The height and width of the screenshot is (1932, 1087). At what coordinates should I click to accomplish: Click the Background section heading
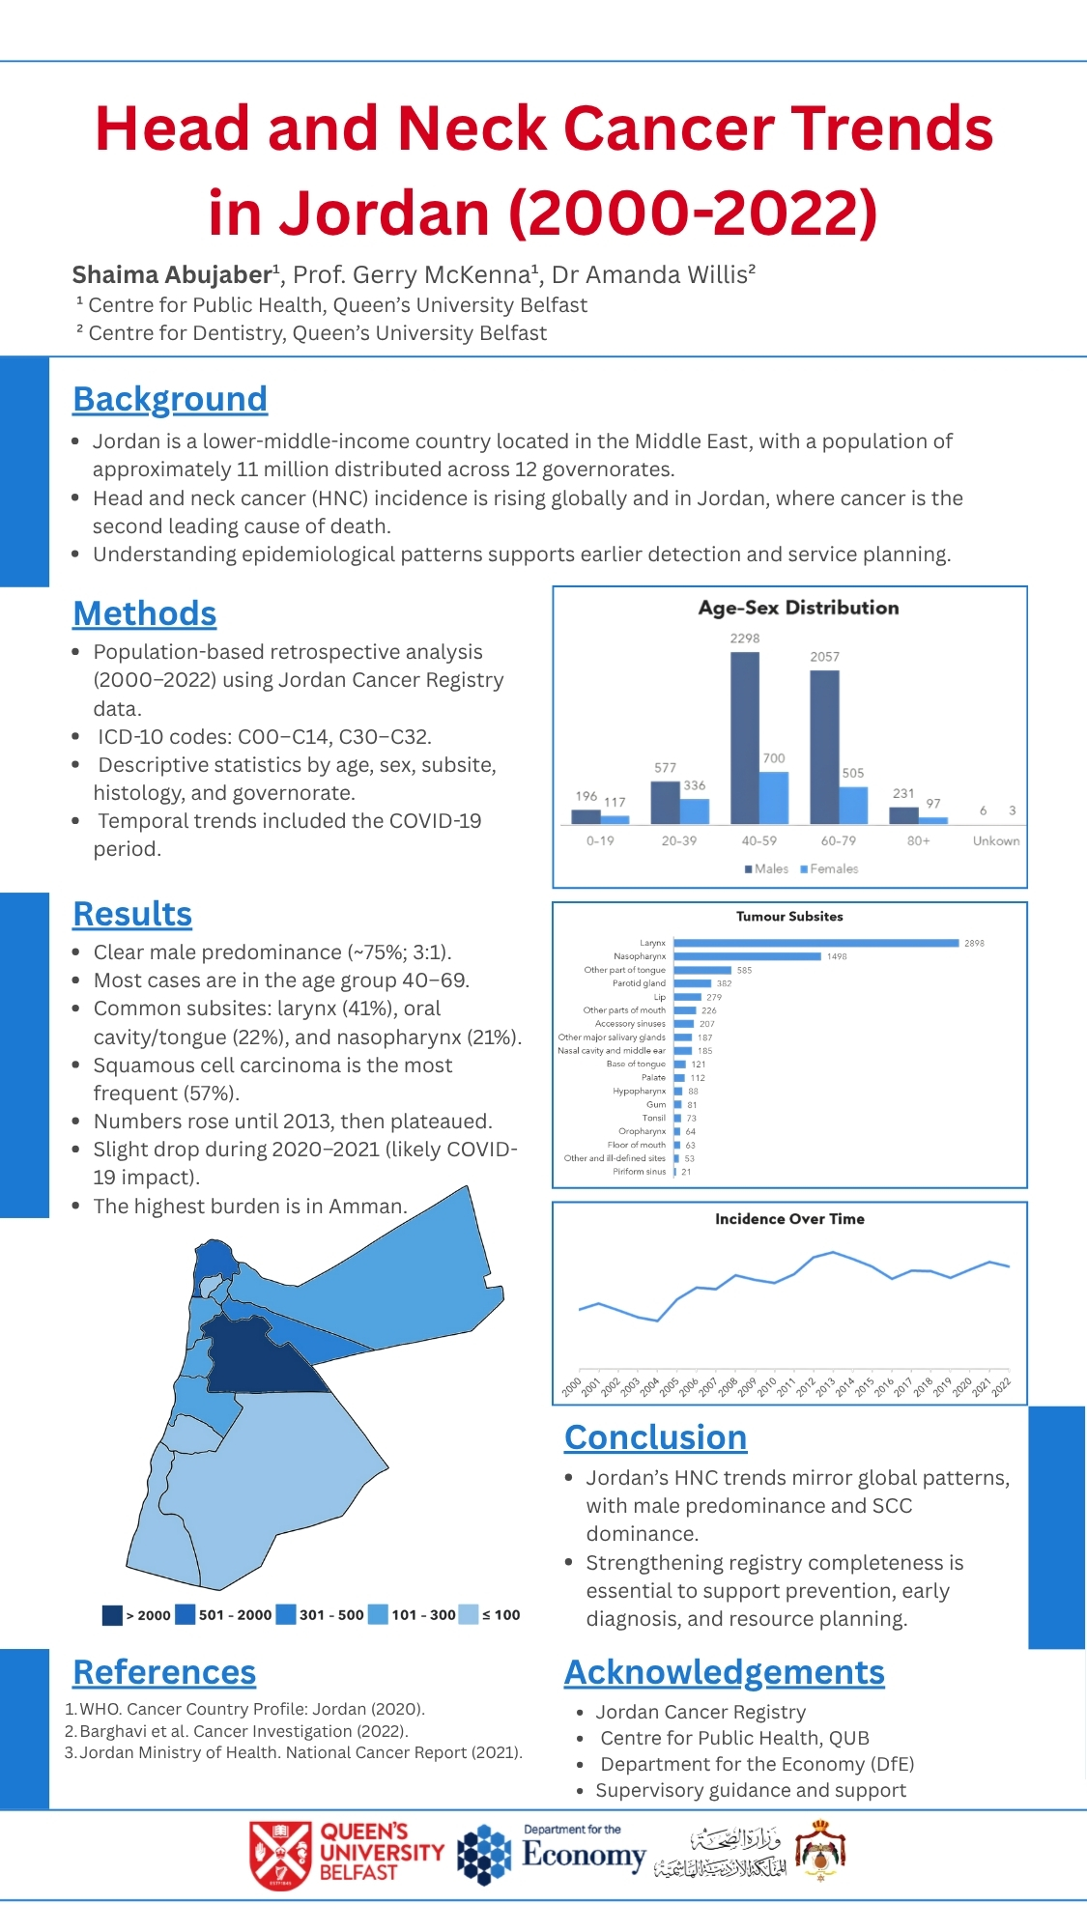tap(170, 399)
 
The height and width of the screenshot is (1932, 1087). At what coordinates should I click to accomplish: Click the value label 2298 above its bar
tap(744, 639)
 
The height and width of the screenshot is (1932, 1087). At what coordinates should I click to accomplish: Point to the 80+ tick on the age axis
tap(918, 840)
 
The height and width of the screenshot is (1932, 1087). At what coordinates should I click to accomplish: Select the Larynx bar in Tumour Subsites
tap(816, 943)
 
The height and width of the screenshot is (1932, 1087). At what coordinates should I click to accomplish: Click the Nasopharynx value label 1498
tap(837, 956)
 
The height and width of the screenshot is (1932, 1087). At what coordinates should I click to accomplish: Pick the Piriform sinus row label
tap(639, 1172)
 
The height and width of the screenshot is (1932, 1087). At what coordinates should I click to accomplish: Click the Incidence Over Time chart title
tap(789, 1219)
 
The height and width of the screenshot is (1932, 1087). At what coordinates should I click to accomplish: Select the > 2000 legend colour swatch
tap(112, 1614)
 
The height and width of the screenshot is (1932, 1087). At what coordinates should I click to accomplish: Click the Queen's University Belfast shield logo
tap(280, 1855)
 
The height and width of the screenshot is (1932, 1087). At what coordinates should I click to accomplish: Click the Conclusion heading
tap(655, 1437)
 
